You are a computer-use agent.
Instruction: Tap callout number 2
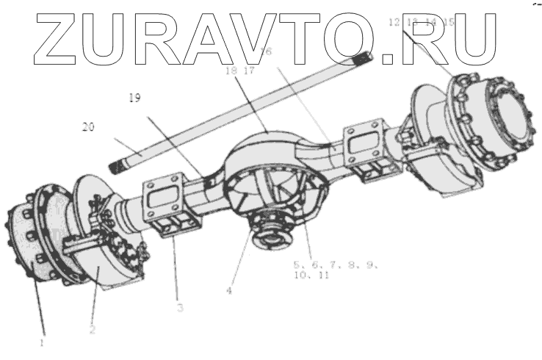pyautogui.click(x=93, y=329)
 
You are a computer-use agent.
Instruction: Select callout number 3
pyautogui.click(x=180, y=307)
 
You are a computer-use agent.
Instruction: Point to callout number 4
pyautogui.click(x=229, y=289)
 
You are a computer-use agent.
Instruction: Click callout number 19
pyautogui.click(x=134, y=96)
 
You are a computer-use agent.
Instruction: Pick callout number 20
pyautogui.click(x=89, y=126)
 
